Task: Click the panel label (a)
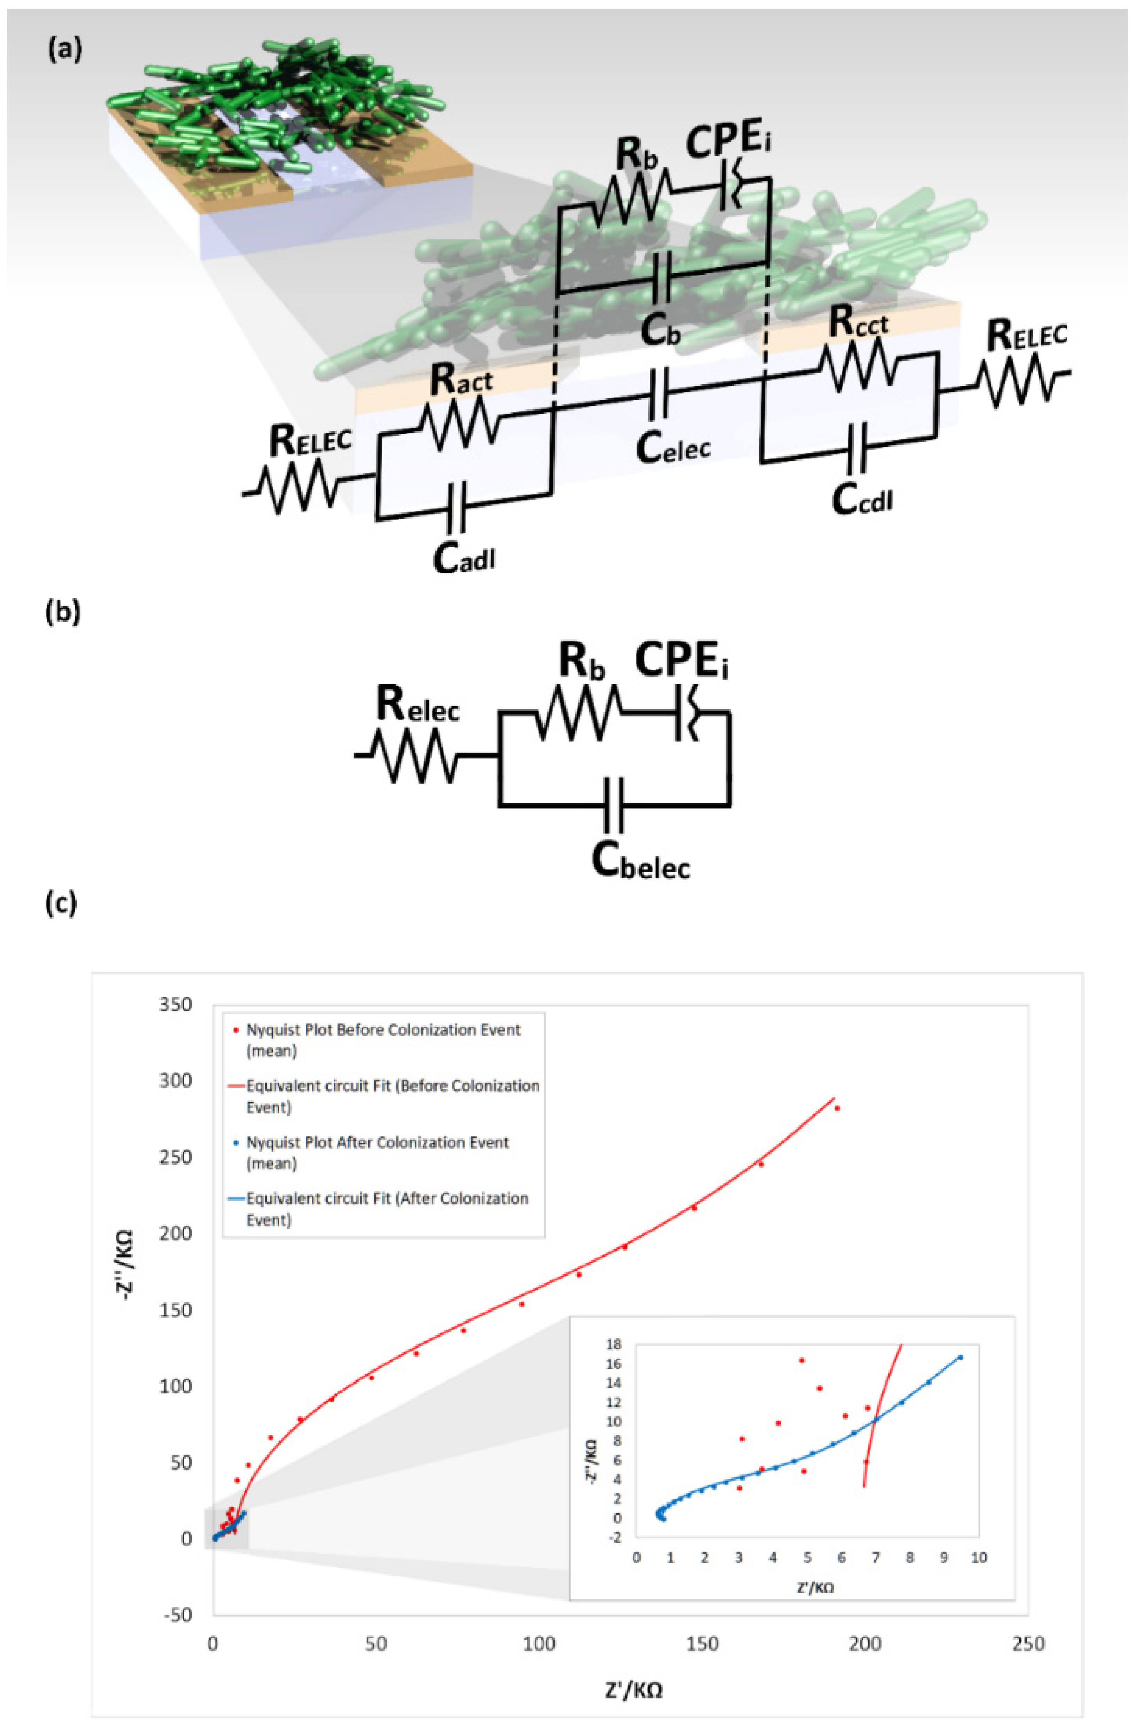64,49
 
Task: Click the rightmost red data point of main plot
837,1109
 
